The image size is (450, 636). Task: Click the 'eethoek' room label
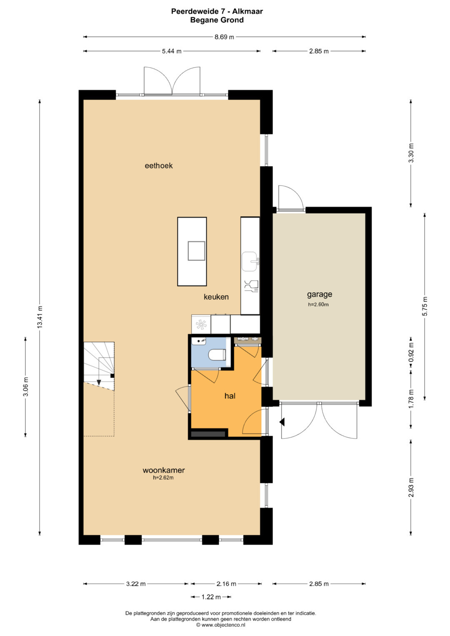[158, 165]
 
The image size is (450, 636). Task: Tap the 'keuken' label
[216, 297]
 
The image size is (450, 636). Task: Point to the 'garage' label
[319, 294]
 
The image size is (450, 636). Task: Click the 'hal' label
[230, 396]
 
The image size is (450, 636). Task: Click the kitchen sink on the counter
[250, 261]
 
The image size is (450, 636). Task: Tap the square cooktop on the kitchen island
[196, 251]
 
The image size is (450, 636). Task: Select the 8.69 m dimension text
[224, 37]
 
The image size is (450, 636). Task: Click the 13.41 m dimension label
[40, 317]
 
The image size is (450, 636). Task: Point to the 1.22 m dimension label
[211, 597]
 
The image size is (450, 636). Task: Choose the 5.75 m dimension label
[425, 307]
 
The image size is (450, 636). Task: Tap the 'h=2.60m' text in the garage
[318, 304]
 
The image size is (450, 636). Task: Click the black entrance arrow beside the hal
[282, 422]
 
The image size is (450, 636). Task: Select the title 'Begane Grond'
[217, 20]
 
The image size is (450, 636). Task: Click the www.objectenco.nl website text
[223, 625]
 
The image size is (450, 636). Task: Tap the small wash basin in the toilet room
[199, 341]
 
